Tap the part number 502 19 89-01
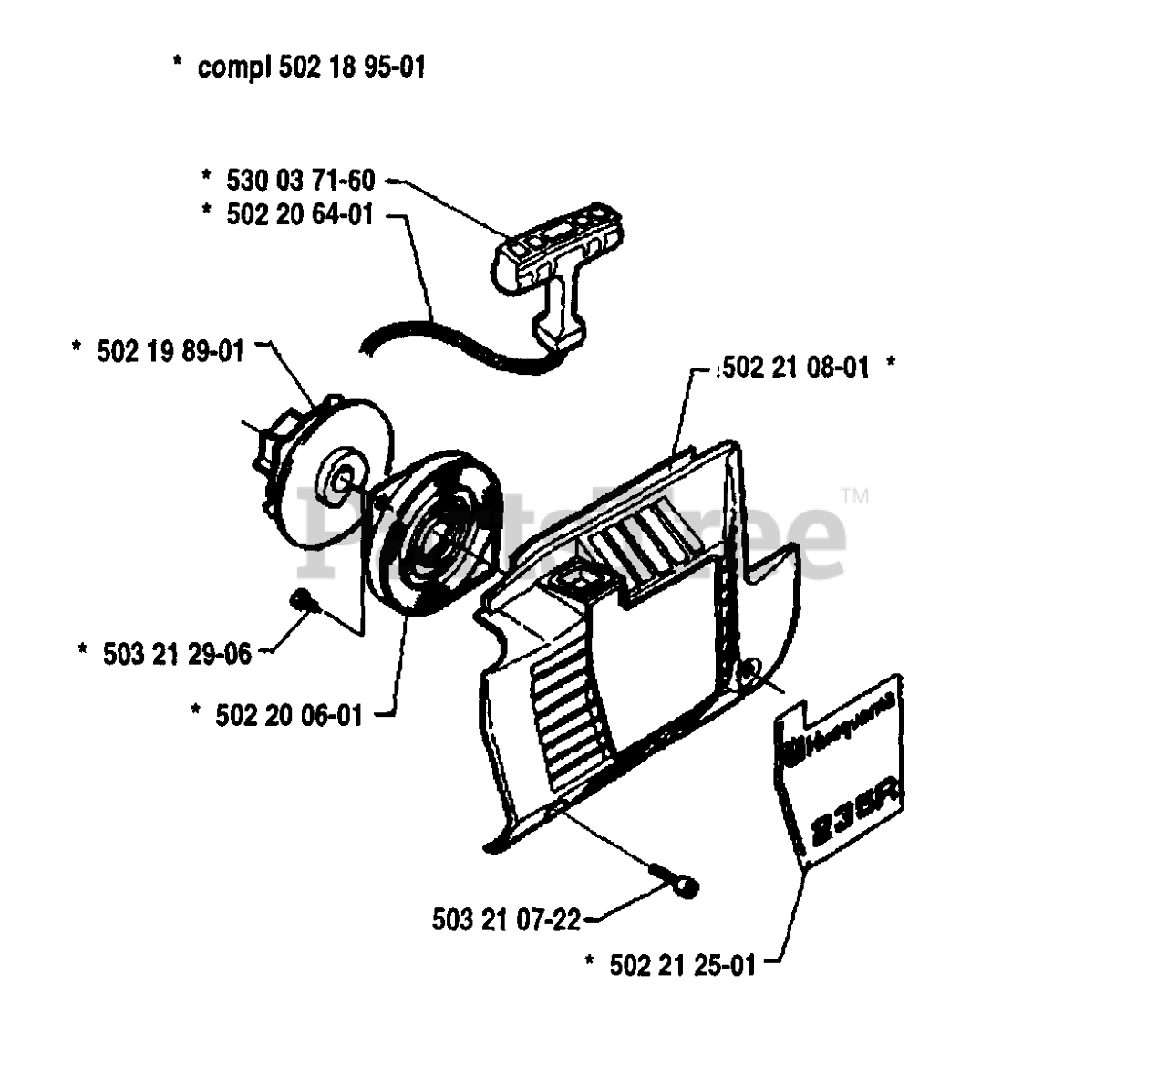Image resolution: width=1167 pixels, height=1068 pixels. [170, 350]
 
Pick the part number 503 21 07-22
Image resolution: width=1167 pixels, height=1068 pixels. [506, 919]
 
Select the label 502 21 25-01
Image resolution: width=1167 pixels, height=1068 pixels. [682, 965]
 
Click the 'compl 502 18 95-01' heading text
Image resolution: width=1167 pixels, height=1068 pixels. [311, 67]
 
